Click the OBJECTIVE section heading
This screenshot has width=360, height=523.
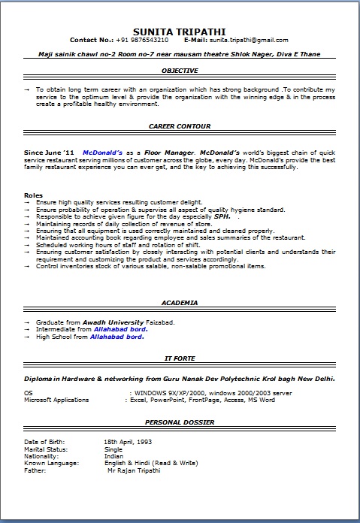click(x=180, y=70)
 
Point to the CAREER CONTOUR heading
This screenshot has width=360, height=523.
click(x=180, y=126)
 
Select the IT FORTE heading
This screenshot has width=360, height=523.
click(x=180, y=359)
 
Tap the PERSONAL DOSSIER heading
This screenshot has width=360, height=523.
click(x=180, y=422)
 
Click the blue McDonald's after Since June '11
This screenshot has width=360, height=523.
click(x=103, y=151)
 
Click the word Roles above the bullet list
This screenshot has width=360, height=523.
click(x=34, y=195)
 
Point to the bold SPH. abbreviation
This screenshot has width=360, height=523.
click(x=222, y=216)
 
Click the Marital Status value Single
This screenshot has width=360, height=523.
click(x=113, y=448)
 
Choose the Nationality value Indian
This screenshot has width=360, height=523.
click(x=114, y=455)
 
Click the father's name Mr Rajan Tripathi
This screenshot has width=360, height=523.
click(x=134, y=470)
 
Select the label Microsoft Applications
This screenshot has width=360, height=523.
click(x=56, y=401)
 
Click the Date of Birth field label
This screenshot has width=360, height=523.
click(x=44, y=441)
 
